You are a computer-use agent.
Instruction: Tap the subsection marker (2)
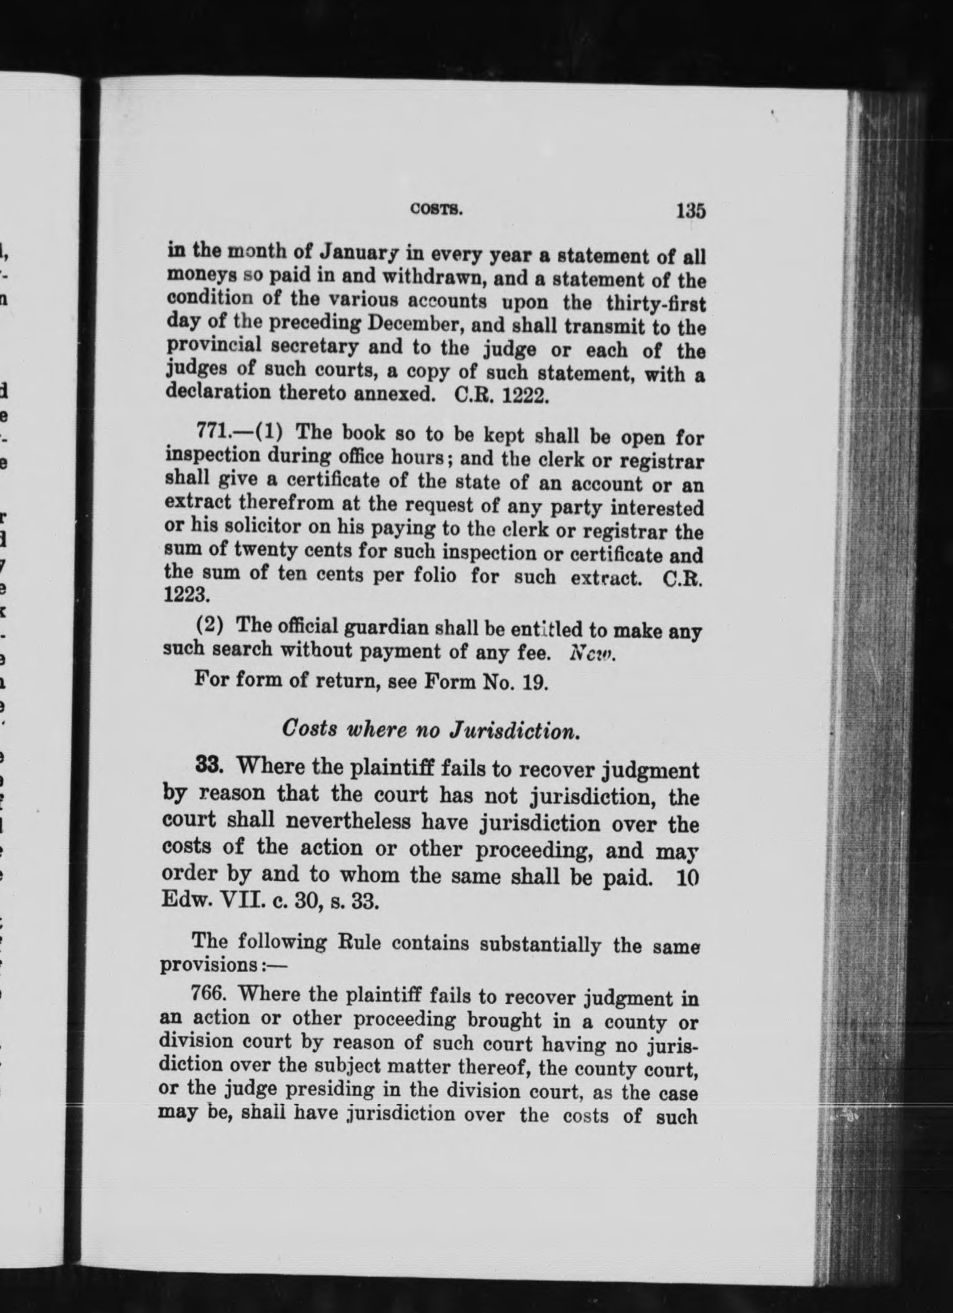click(x=212, y=624)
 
